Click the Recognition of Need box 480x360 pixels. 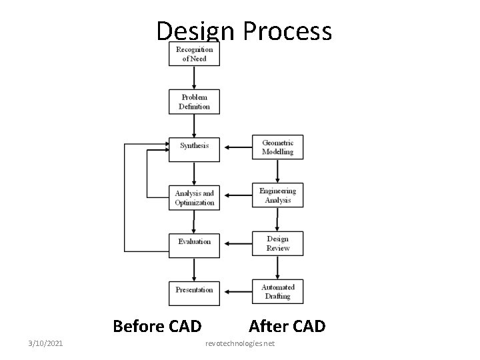click(x=194, y=54)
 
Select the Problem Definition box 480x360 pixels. click(x=194, y=101)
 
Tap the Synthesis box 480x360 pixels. click(x=194, y=146)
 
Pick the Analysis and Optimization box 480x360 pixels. click(x=194, y=197)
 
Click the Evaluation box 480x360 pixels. click(x=194, y=241)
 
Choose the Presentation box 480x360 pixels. click(x=194, y=290)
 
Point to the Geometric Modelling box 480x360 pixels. click(x=277, y=147)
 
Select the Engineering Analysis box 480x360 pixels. click(x=277, y=195)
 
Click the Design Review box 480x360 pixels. click(x=277, y=243)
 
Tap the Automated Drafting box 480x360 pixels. click(x=277, y=291)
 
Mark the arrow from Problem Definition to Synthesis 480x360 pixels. click(x=194, y=124)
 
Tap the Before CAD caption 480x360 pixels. click(x=157, y=326)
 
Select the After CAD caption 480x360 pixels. click(x=287, y=326)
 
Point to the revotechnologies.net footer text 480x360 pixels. click(x=240, y=343)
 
